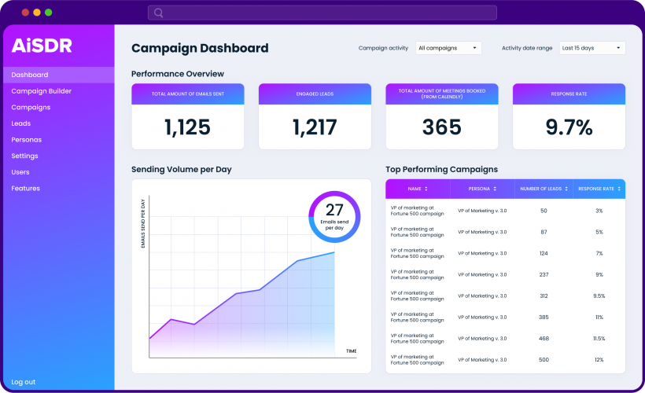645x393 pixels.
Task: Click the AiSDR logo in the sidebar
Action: (x=42, y=46)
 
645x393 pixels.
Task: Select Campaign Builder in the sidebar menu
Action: (x=41, y=91)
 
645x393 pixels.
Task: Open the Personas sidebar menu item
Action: (x=26, y=140)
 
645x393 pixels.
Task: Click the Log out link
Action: (x=23, y=382)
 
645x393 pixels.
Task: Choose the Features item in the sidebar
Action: (x=25, y=189)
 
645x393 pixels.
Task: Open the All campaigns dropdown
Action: (x=448, y=48)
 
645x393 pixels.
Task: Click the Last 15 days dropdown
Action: (x=592, y=48)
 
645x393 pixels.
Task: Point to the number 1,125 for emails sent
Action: (x=187, y=127)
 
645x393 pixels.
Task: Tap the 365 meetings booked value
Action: (x=441, y=127)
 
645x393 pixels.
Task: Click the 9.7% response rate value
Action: (x=569, y=127)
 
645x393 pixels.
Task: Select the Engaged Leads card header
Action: (x=315, y=94)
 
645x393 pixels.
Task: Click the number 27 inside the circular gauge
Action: (x=334, y=210)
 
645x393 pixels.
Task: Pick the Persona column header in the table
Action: (x=482, y=189)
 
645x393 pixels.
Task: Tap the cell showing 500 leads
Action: (x=544, y=359)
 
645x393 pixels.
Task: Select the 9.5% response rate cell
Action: (x=599, y=296)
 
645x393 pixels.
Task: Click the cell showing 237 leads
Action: (x=544, y=274)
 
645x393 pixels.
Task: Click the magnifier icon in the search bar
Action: (x=159, y=13)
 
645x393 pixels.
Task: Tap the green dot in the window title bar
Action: (x=49, y=13)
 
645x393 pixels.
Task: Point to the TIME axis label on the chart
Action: (x=351, y=351)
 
